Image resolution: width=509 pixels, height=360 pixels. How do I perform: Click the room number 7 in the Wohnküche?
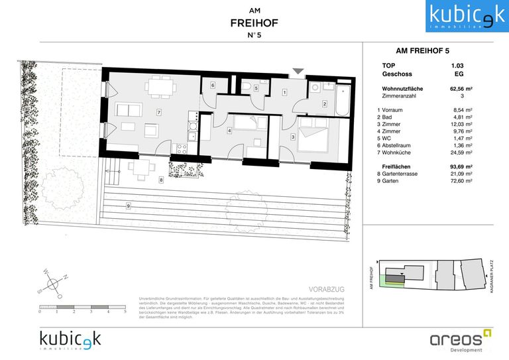[159, 112]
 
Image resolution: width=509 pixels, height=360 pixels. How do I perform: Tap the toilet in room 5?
[247, 86]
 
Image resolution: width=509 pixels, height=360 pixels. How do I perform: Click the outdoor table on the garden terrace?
[139, 168]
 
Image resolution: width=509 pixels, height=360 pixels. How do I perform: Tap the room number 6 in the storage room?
[213, 86]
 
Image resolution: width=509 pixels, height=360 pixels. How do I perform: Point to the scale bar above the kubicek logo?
[82, 306]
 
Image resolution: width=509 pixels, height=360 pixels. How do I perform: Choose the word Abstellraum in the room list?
[400, 145]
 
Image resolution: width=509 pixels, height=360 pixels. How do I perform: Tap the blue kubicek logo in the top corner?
[466, 17]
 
